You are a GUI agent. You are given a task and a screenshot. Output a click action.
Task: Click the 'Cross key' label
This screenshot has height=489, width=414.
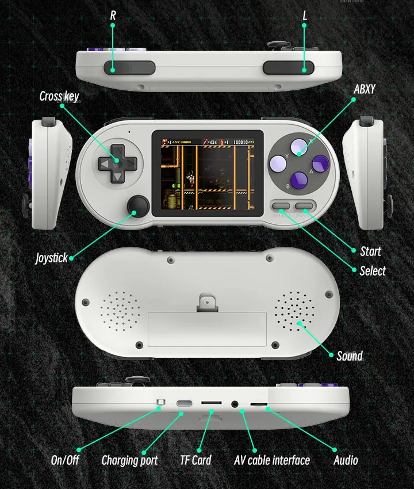tap(59, 96)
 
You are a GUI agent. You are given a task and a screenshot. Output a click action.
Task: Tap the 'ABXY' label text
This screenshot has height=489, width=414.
tap(364, 89)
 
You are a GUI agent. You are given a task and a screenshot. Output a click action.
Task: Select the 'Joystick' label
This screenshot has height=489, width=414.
tap(51, 258)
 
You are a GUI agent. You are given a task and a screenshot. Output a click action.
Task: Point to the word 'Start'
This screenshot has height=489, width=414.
tap(370, 251)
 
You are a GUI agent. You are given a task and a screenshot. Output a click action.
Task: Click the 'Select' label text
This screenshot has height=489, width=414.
tap(372, 270)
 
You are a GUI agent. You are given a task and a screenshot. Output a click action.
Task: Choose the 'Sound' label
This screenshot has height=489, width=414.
tap(350, 356)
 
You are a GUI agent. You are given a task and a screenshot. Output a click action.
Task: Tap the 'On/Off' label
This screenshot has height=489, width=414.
tap(65, 460)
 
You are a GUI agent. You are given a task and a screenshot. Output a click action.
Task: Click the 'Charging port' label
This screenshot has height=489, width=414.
tap(129, 460)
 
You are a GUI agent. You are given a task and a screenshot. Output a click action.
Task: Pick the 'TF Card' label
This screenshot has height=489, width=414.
tap(195, 460)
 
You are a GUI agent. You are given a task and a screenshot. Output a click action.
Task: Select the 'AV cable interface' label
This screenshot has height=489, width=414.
tap(272, 460)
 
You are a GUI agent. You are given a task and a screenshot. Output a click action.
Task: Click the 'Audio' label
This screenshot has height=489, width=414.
tap(346, 460)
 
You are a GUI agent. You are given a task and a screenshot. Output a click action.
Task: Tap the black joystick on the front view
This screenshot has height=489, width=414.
tap(139, 206)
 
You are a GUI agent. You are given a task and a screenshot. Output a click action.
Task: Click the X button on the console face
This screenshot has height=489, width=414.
tap(299, 147)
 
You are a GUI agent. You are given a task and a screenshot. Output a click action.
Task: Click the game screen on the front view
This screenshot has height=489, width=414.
tap(208, 173)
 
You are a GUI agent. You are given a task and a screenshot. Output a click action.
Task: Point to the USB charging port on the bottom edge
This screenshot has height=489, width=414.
tap(184, 403)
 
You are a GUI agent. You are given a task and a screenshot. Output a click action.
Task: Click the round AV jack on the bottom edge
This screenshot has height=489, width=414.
tap(235, 404)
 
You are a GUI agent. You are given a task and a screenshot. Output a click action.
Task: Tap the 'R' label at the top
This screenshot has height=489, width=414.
tap(113, 16)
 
